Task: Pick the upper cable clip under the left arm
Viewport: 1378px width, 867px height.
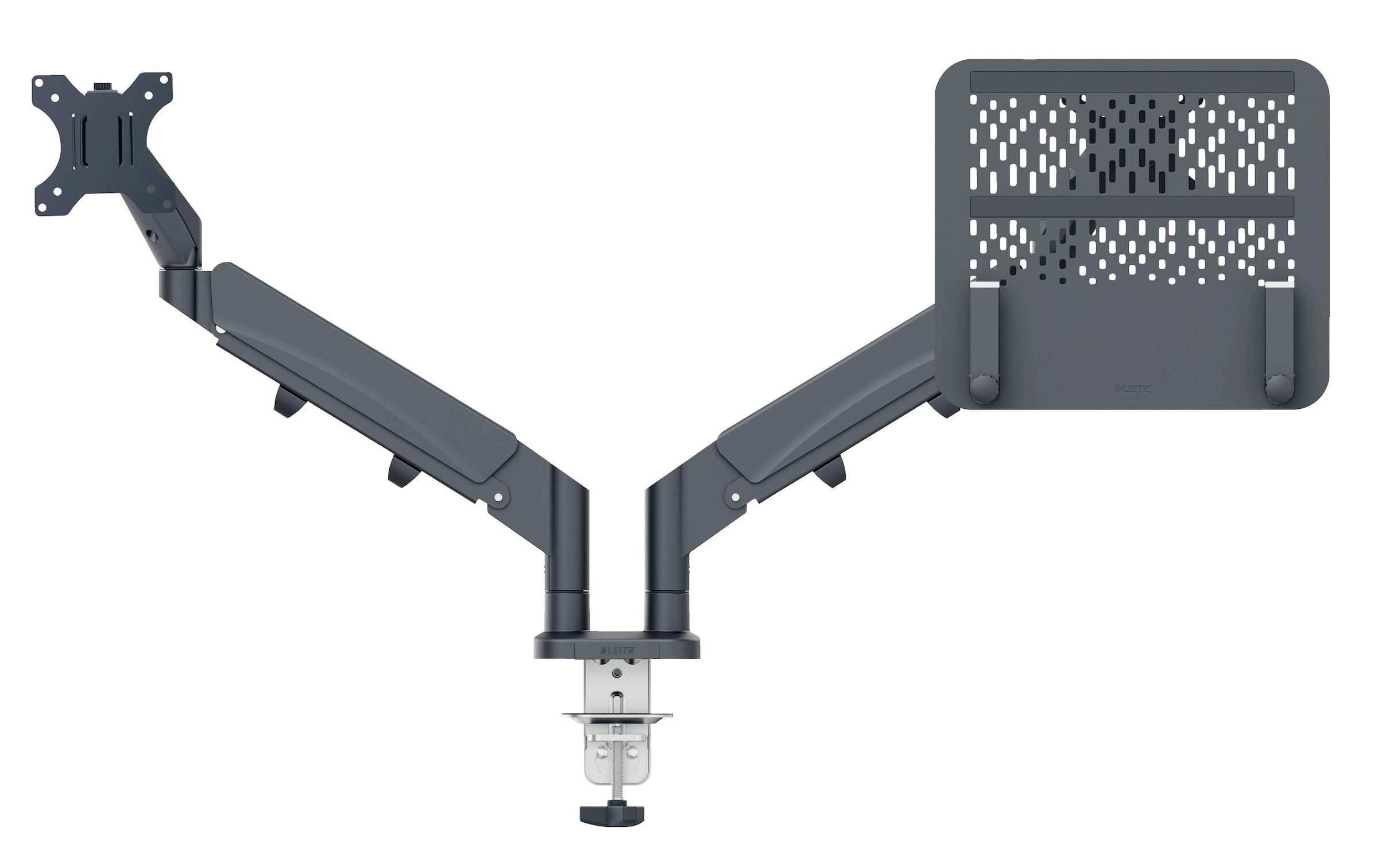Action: (x=285, y=401)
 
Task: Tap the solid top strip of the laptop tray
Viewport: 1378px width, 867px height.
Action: (x=1131, y=81)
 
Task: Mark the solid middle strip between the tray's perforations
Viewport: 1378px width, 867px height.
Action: (x=1131, y=207)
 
